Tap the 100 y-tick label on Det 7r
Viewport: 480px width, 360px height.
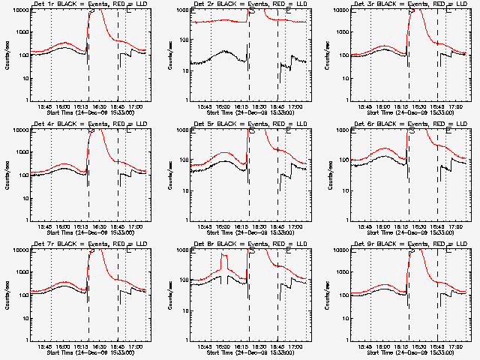click(22, 295)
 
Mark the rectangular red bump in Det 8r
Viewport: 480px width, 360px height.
click(223, 266)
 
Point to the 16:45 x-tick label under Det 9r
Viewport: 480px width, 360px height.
click(442, 346)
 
